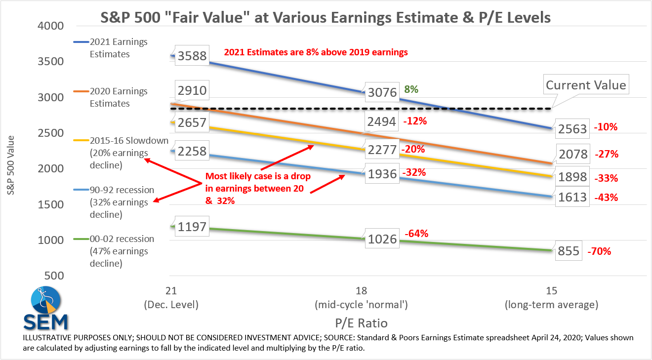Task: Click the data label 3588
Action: pos(192,55)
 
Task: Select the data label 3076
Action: pos(382,92)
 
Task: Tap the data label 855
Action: pos(569,250)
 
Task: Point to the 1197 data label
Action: pos(192,226)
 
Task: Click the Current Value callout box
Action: pos(586,84)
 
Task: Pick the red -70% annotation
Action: pos(599,251)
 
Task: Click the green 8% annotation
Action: pos(411,89)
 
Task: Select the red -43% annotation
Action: pos(606,198)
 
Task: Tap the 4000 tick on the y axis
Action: pos(51,26)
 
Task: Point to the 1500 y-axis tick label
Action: pos(51,204)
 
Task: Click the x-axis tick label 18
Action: pos(361,290)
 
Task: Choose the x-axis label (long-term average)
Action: pos(551,305)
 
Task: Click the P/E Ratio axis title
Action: pos(361,323)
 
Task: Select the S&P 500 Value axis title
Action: pos(10,165)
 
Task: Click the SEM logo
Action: pos(45,308)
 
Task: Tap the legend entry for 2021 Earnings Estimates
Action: pos(111,48)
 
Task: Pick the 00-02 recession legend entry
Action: pos(114,251)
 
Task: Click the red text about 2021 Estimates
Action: pos(316,52)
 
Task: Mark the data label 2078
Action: pos(573,154)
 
